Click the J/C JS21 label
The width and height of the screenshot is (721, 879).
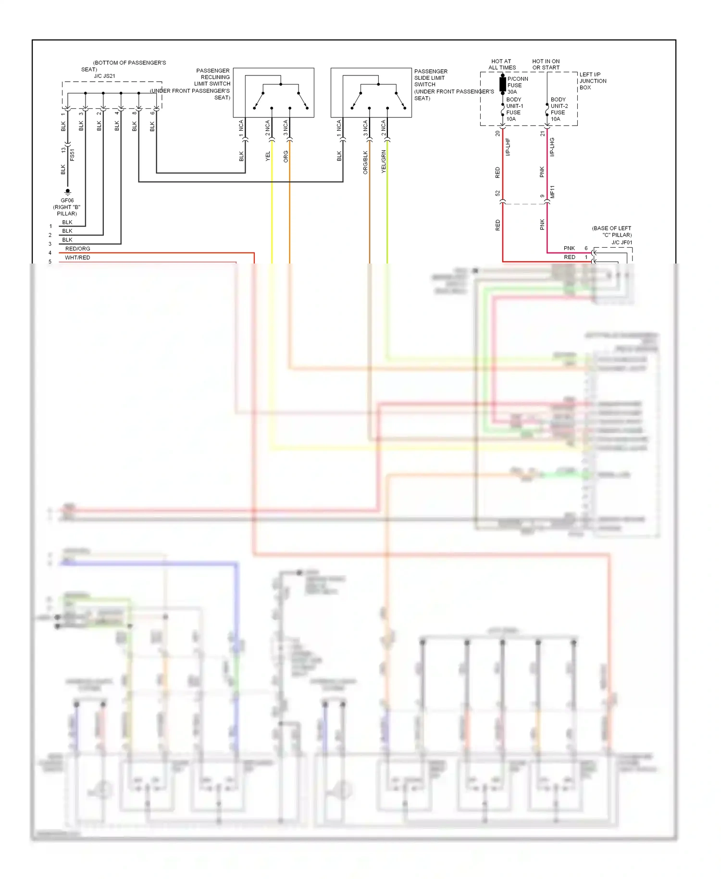[x=104, y=76]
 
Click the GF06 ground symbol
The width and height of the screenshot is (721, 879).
[x=67, y=191]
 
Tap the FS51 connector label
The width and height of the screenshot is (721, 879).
[x=72, y=154]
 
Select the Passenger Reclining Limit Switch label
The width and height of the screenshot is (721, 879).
[x=213, y=84]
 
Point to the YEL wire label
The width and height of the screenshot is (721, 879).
[x=268, y=156]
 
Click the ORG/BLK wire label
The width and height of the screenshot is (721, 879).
[x=365, y=162]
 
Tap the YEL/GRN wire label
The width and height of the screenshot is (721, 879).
[x=384, y=162]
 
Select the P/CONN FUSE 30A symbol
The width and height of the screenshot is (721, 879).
[x=503, y=85]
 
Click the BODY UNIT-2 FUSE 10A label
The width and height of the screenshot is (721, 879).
[x=559, y=109]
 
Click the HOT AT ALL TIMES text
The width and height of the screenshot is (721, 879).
[x=502, y=64]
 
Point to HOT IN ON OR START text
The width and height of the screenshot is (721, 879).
[x=546, y=64]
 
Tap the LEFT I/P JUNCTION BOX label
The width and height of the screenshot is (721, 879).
[x=592, y=81]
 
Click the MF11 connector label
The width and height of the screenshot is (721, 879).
[x=552, y=191]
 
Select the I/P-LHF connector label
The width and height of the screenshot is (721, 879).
[x=508, y=147]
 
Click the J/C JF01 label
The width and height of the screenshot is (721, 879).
[x=622, y=242]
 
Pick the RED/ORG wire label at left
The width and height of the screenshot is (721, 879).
[x=77, y=249]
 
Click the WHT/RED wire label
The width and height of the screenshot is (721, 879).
[x=77, y=258]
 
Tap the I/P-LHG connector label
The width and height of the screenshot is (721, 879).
[x=552, y=147]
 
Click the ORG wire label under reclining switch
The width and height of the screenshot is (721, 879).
[x=286, y=156]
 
